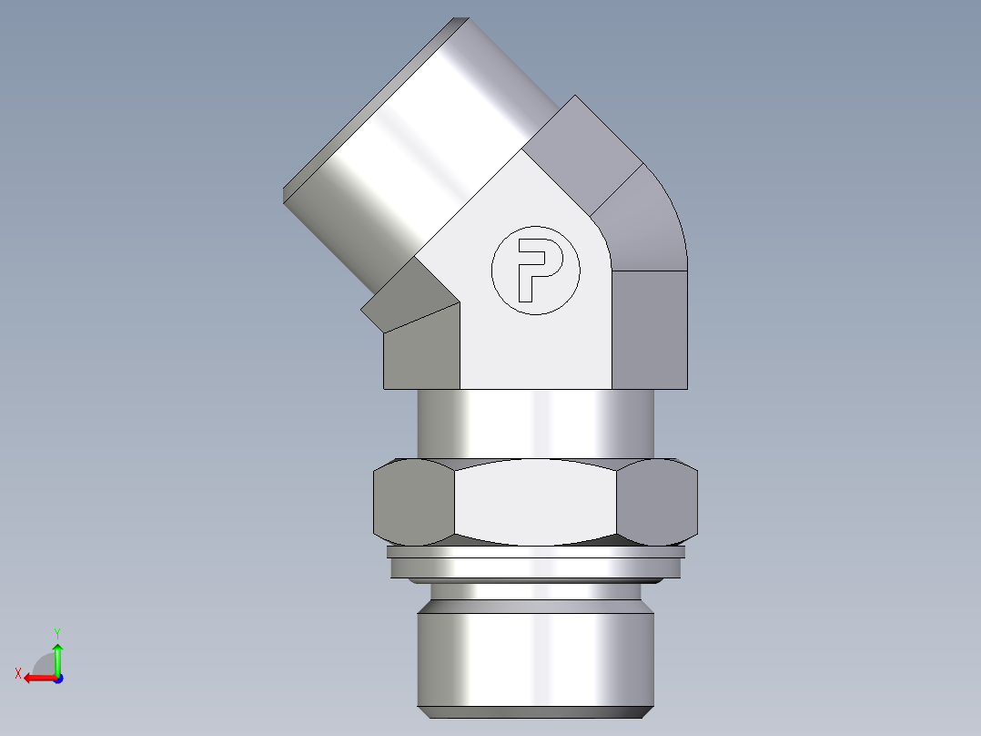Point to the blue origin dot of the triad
(57, 678)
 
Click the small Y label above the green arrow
(56, 632)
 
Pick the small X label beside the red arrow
(17, 673)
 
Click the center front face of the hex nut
(535, 501)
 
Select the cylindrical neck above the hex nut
(535, 424)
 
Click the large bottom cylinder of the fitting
(535, 659)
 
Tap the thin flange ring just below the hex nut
(535, 551)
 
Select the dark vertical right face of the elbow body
(648, 328)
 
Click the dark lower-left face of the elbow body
(420, 351)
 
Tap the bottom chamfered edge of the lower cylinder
(535, 710)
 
